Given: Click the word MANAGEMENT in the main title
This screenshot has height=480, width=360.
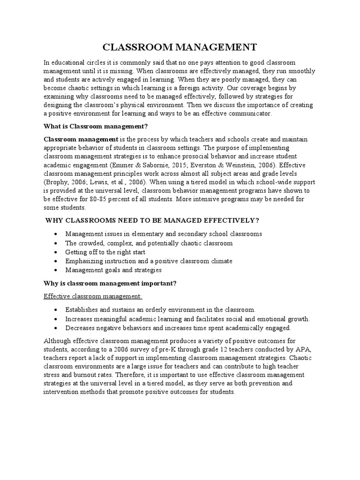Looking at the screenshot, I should click(216, 47).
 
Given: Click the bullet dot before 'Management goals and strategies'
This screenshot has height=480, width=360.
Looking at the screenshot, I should click(56, 270).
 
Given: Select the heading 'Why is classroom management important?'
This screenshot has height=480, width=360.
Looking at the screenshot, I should click(109, 283).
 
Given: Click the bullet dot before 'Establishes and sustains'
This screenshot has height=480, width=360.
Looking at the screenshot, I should click(56, 310).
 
